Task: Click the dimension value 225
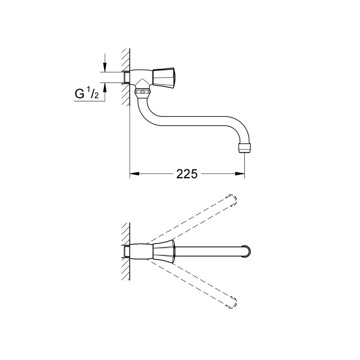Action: point(187,174)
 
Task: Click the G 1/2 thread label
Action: point(87,94)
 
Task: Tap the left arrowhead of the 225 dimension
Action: point(134,174)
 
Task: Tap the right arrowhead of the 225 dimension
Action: point(240,174)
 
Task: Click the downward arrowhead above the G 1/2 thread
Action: point(105,67)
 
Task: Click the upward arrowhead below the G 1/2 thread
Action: point(105,88)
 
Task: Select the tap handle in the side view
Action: point(164,78)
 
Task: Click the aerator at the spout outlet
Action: point(244,148)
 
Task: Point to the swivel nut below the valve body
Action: point(142,92)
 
